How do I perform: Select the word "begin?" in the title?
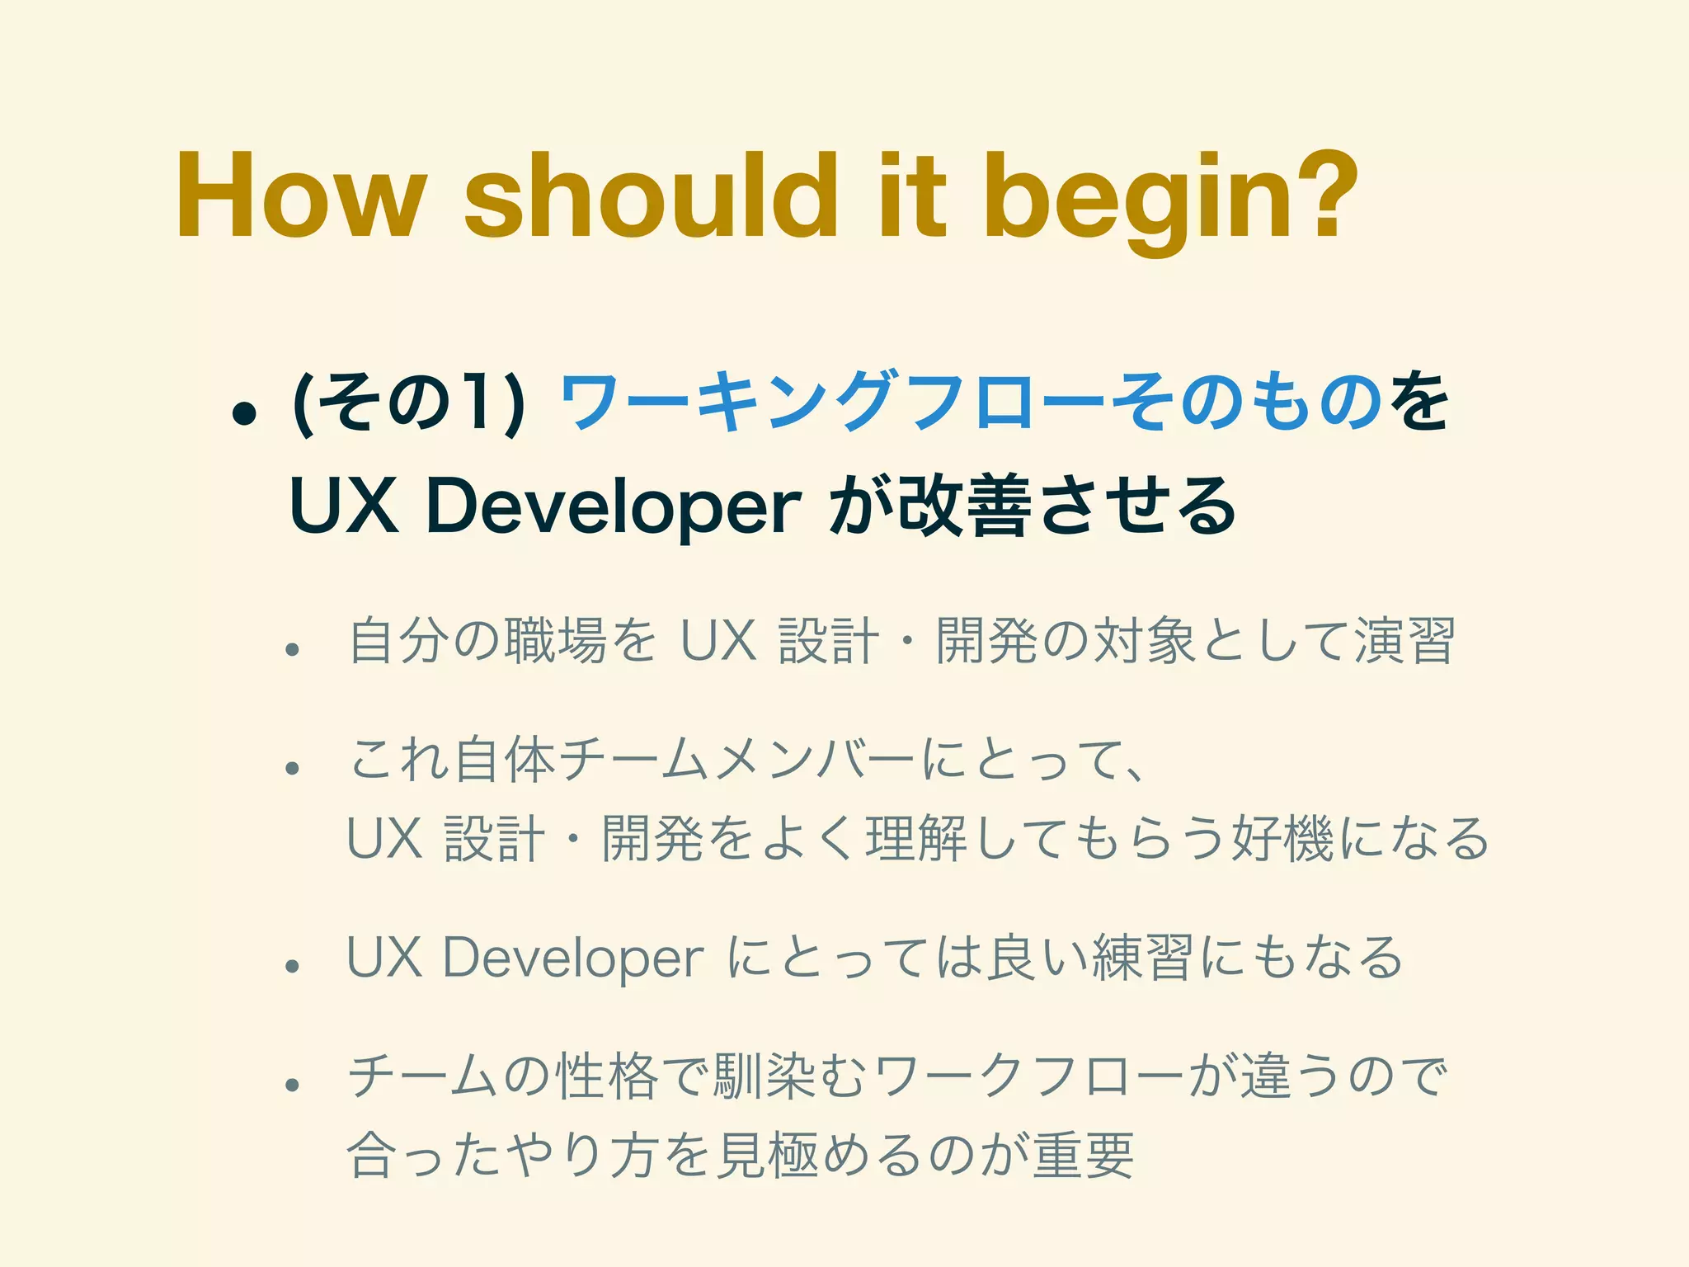click(1170, 197)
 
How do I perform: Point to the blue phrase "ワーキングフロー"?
click(833, 404)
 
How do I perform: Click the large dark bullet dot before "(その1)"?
click(244, 413)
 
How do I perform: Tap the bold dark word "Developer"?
click(615, 506)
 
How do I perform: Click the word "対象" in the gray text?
click(1143, 641)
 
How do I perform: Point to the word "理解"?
click(915, 839)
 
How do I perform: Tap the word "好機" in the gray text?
click(1282, 839)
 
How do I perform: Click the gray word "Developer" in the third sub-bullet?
click(574, 958)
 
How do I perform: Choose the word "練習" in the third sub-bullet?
click(1141, 958)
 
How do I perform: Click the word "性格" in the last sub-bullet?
click(607, 1077)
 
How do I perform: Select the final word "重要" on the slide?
click(1084, 1156)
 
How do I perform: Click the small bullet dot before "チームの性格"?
click(291, 1086)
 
